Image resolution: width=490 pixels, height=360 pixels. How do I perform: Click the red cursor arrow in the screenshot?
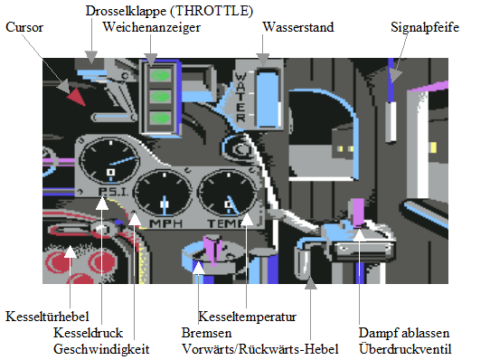(77, 97)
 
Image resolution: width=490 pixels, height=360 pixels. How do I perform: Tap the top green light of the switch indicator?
(161, 75)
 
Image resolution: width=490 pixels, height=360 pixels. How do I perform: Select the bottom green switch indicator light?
(161, 118)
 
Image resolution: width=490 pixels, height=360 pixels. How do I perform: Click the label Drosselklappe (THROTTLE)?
(169, 11)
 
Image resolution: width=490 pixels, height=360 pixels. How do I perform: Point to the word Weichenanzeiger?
(152, 27)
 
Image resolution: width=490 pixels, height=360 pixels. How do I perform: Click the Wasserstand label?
(298, 27)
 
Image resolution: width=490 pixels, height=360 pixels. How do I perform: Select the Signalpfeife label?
(425, 27)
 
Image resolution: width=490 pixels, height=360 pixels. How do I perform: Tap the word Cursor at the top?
(24, 27)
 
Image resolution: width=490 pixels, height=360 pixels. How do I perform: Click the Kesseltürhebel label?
(47, 317)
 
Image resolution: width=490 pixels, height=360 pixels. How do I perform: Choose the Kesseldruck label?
(88, 333)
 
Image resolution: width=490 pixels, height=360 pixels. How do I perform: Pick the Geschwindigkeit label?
(101, 349)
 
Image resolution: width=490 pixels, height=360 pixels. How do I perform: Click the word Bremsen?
(206, 333)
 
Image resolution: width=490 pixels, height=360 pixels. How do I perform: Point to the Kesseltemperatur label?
(247, 317)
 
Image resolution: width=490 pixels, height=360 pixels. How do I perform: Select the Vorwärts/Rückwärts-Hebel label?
(260, 349)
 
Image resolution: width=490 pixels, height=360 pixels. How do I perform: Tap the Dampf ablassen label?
(404, 333)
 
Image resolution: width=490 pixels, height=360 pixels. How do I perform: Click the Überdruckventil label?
(405, 349)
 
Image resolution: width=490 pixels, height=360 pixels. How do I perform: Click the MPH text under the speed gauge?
(166, 223)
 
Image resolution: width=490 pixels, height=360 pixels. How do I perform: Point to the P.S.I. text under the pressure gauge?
(113, 192)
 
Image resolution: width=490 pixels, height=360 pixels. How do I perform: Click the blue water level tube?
(268, 99)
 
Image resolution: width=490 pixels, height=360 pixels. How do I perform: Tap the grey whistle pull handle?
(391, 122)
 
